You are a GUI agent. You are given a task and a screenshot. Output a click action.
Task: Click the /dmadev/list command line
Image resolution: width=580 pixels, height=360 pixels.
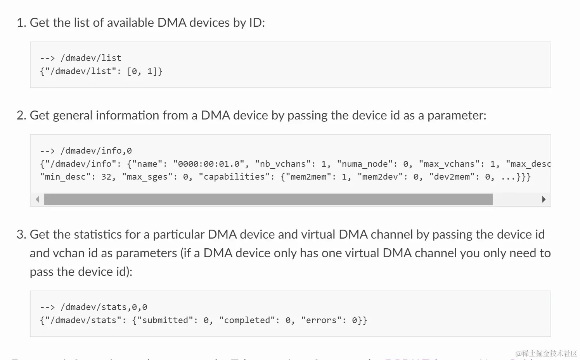pyautogui.click(x=91, y=58)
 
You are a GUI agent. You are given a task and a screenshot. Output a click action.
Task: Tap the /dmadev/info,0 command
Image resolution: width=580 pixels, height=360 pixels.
pyautogui.click(x=96, y=151)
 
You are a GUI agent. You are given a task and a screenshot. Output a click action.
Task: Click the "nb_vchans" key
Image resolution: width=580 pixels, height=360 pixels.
pyautogui.click(x=283, y=164)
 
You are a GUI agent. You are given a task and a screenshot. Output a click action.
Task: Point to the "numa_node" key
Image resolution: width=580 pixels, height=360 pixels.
pyautogui.click(x=365, y=164)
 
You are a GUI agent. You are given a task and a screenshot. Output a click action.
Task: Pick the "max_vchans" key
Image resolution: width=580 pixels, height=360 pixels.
pyautogui.click(x=449, y=164)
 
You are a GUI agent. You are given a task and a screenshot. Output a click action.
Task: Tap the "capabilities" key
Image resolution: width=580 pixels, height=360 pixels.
pyautogui.click(x=234, y=177)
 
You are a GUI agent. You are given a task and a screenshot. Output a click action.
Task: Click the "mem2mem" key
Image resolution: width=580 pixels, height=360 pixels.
pyautogui.click(x=308, y=177)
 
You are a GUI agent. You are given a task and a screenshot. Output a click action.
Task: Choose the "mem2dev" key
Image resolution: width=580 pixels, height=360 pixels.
pyautogui.click(x=380, y=177)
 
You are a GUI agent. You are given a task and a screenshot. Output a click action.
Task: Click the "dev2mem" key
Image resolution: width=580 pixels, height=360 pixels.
pyautogui.click(x=452, y=177)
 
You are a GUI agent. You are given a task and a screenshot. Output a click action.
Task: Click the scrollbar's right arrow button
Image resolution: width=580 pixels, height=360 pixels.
pyautogui.click(x=544, y=199)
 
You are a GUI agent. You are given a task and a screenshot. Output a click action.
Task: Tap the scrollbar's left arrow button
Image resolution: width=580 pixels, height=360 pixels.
pyautogui.click(x=37, y=199)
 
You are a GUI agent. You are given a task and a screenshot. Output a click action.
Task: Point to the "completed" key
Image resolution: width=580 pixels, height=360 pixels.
pyautogui.click(x=247, y=320)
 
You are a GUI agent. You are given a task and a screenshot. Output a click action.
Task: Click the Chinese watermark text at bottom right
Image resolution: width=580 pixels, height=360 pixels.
pyautogui.click(x=546, y=353)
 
